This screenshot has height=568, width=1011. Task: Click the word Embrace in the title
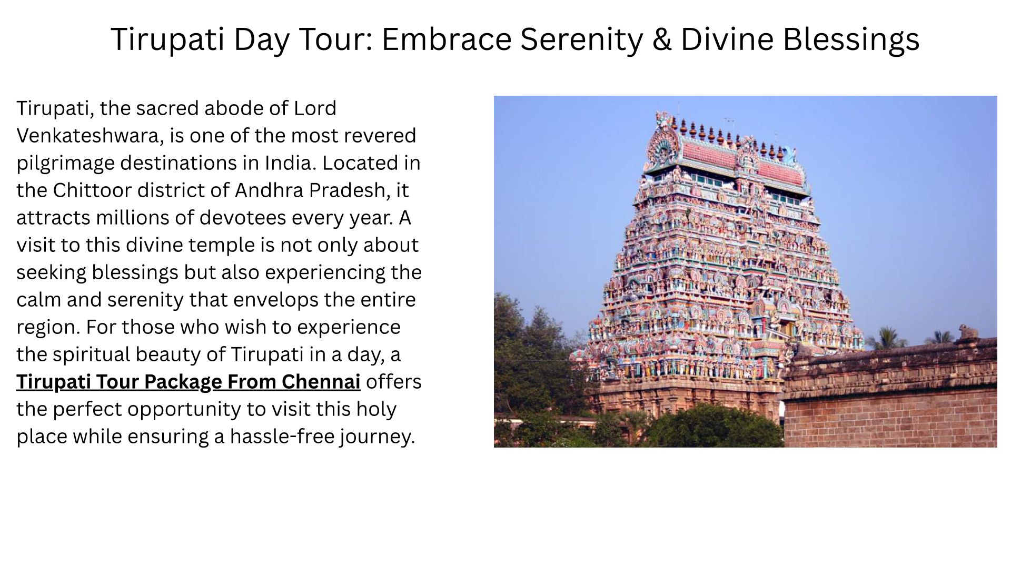447,39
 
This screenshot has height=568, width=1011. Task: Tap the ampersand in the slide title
661,39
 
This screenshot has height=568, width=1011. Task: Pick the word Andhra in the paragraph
269,190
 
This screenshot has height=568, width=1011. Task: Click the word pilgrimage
65,163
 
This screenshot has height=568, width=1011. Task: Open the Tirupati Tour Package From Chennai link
189,382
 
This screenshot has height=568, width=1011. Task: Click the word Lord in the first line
315,108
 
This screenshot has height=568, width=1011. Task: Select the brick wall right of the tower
890,394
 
